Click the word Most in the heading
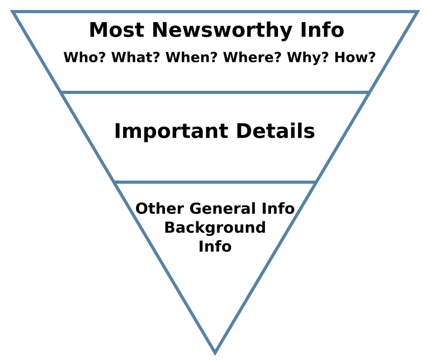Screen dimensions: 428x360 click(x=109, y=30)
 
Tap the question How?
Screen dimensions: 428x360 click(x=355, y=57)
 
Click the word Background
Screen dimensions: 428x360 click(x=215, y=227)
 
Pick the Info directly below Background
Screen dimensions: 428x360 click(x=215, y=246)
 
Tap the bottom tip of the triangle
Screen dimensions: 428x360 click(x=215, y=352)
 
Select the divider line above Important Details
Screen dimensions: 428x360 click(x=215, y=92)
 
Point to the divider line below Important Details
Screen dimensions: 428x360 click(x=215, y=182)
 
